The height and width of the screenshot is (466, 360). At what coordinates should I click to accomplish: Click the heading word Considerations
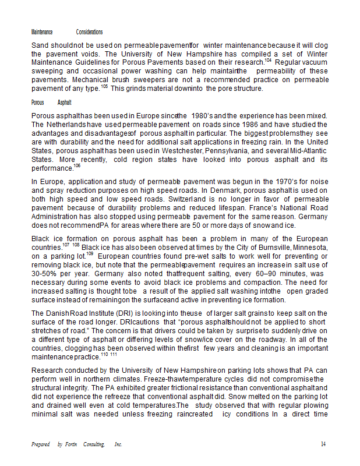(x=89, y=32)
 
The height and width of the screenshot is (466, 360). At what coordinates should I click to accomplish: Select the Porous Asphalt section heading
(x=47, y=102)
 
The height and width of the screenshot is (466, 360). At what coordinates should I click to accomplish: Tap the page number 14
(x=323, y=444)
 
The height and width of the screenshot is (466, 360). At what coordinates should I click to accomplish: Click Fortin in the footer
(x=73, y=444)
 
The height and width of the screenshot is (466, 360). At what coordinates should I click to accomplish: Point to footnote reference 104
(x=268, y=60)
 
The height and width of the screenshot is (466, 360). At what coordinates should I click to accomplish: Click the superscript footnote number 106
(x=77, y=166)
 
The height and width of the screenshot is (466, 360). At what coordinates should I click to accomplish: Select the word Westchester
(x=183, y=150)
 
